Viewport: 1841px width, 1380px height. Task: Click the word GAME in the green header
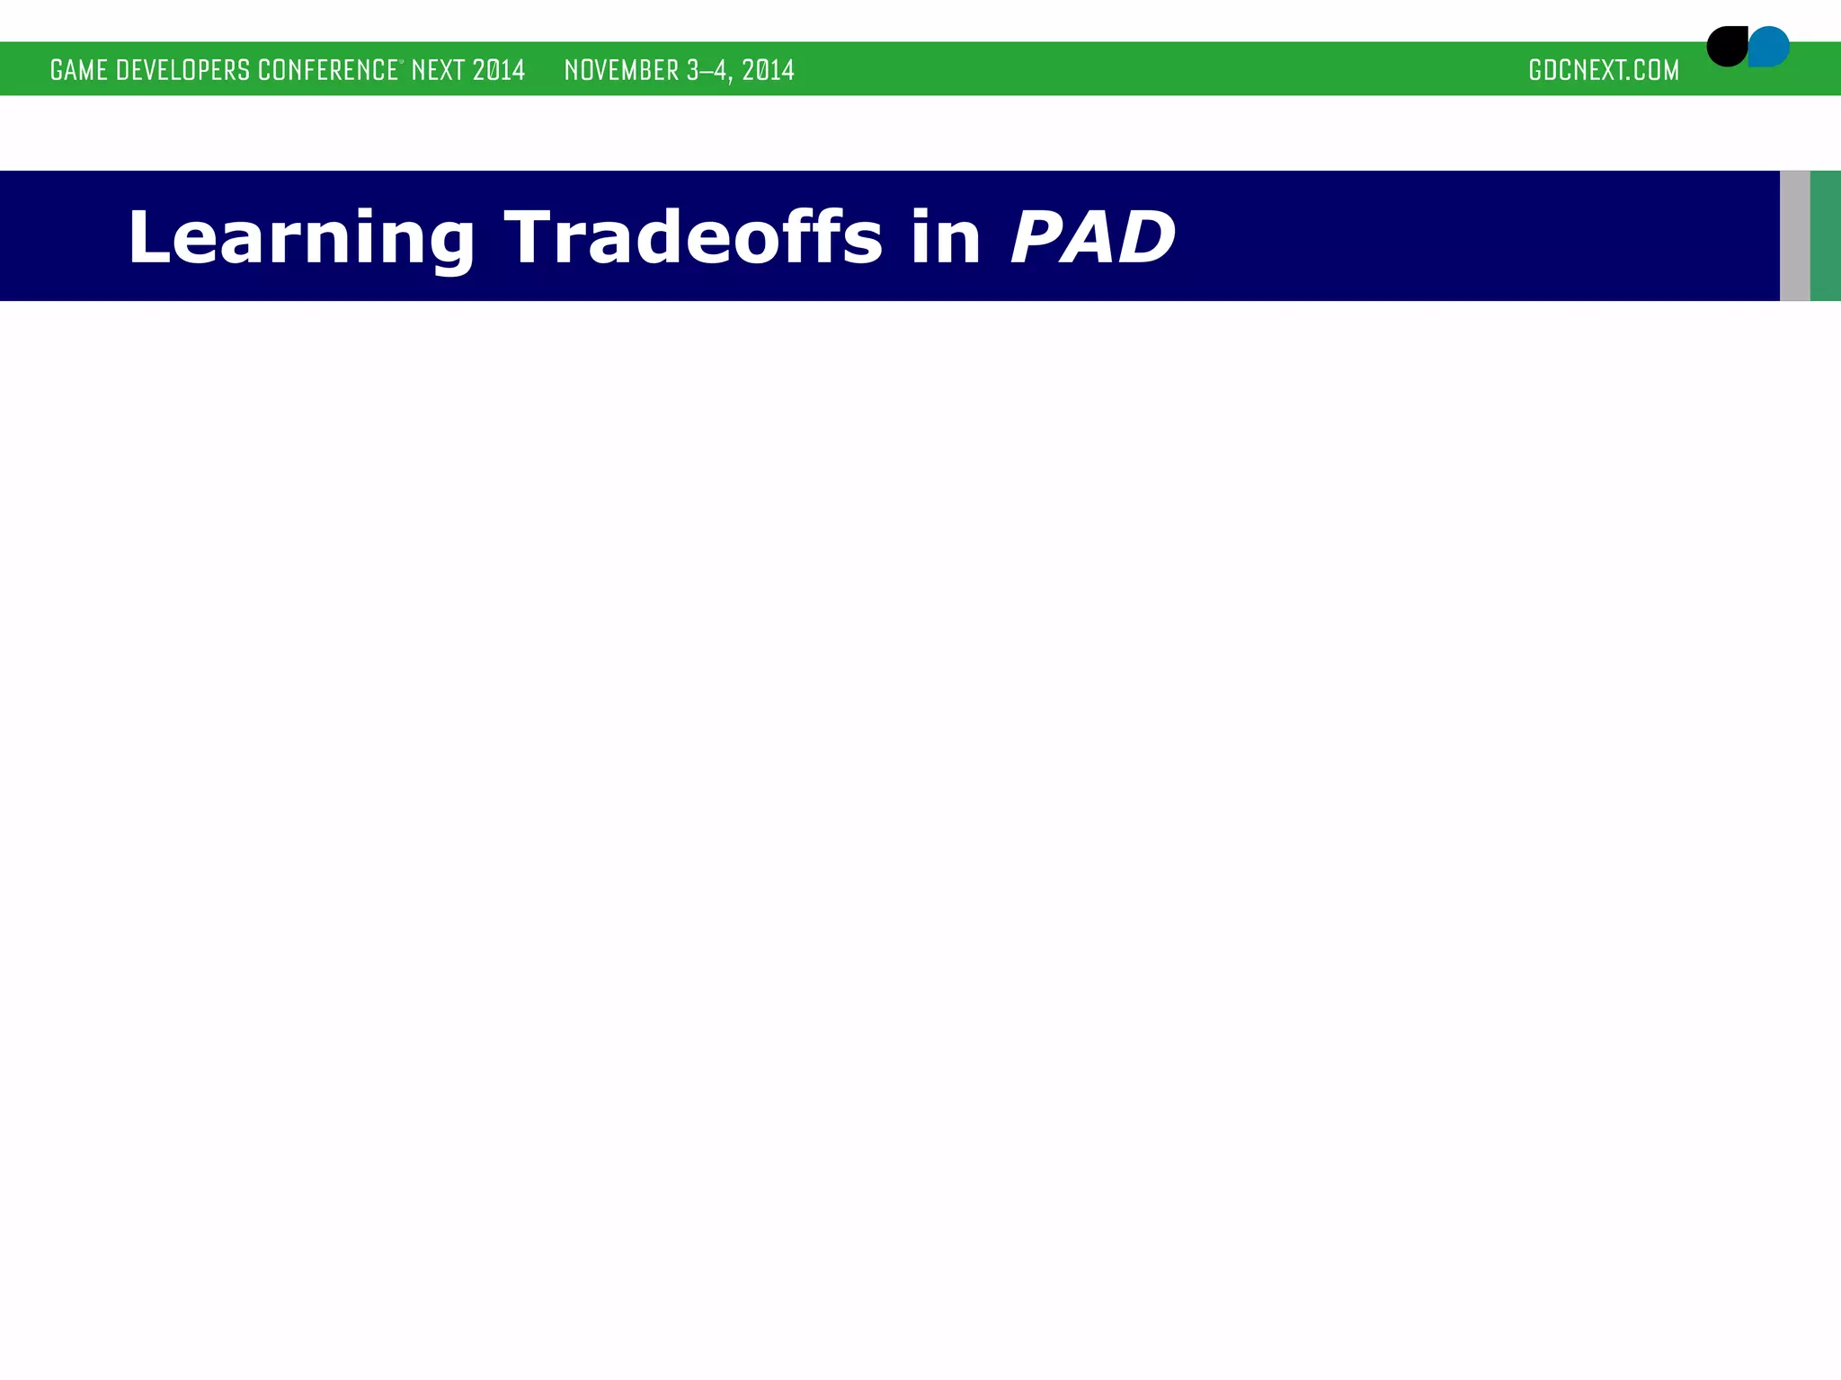click(79, 70)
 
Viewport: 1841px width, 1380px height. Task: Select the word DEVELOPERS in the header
click(183, 70)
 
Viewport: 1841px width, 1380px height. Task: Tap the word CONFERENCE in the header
click(327, 70)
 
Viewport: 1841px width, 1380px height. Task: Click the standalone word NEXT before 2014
click(437, 70)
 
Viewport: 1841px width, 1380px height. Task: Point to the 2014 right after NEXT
click(498, 70)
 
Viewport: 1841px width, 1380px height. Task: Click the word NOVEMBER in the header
click(621, 70)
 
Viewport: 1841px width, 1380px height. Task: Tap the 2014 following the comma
click(768, 70)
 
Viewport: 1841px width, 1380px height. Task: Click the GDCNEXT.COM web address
click(1603, 70)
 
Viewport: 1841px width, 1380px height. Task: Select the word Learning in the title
click(300, 237)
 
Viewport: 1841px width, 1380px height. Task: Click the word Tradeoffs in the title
click(693, 237)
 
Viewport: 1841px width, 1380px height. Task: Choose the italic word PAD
click(1092, 237)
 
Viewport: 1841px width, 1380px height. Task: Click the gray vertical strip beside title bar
click(1794, 235)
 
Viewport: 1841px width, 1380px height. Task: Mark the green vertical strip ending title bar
click(1826, 235)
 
